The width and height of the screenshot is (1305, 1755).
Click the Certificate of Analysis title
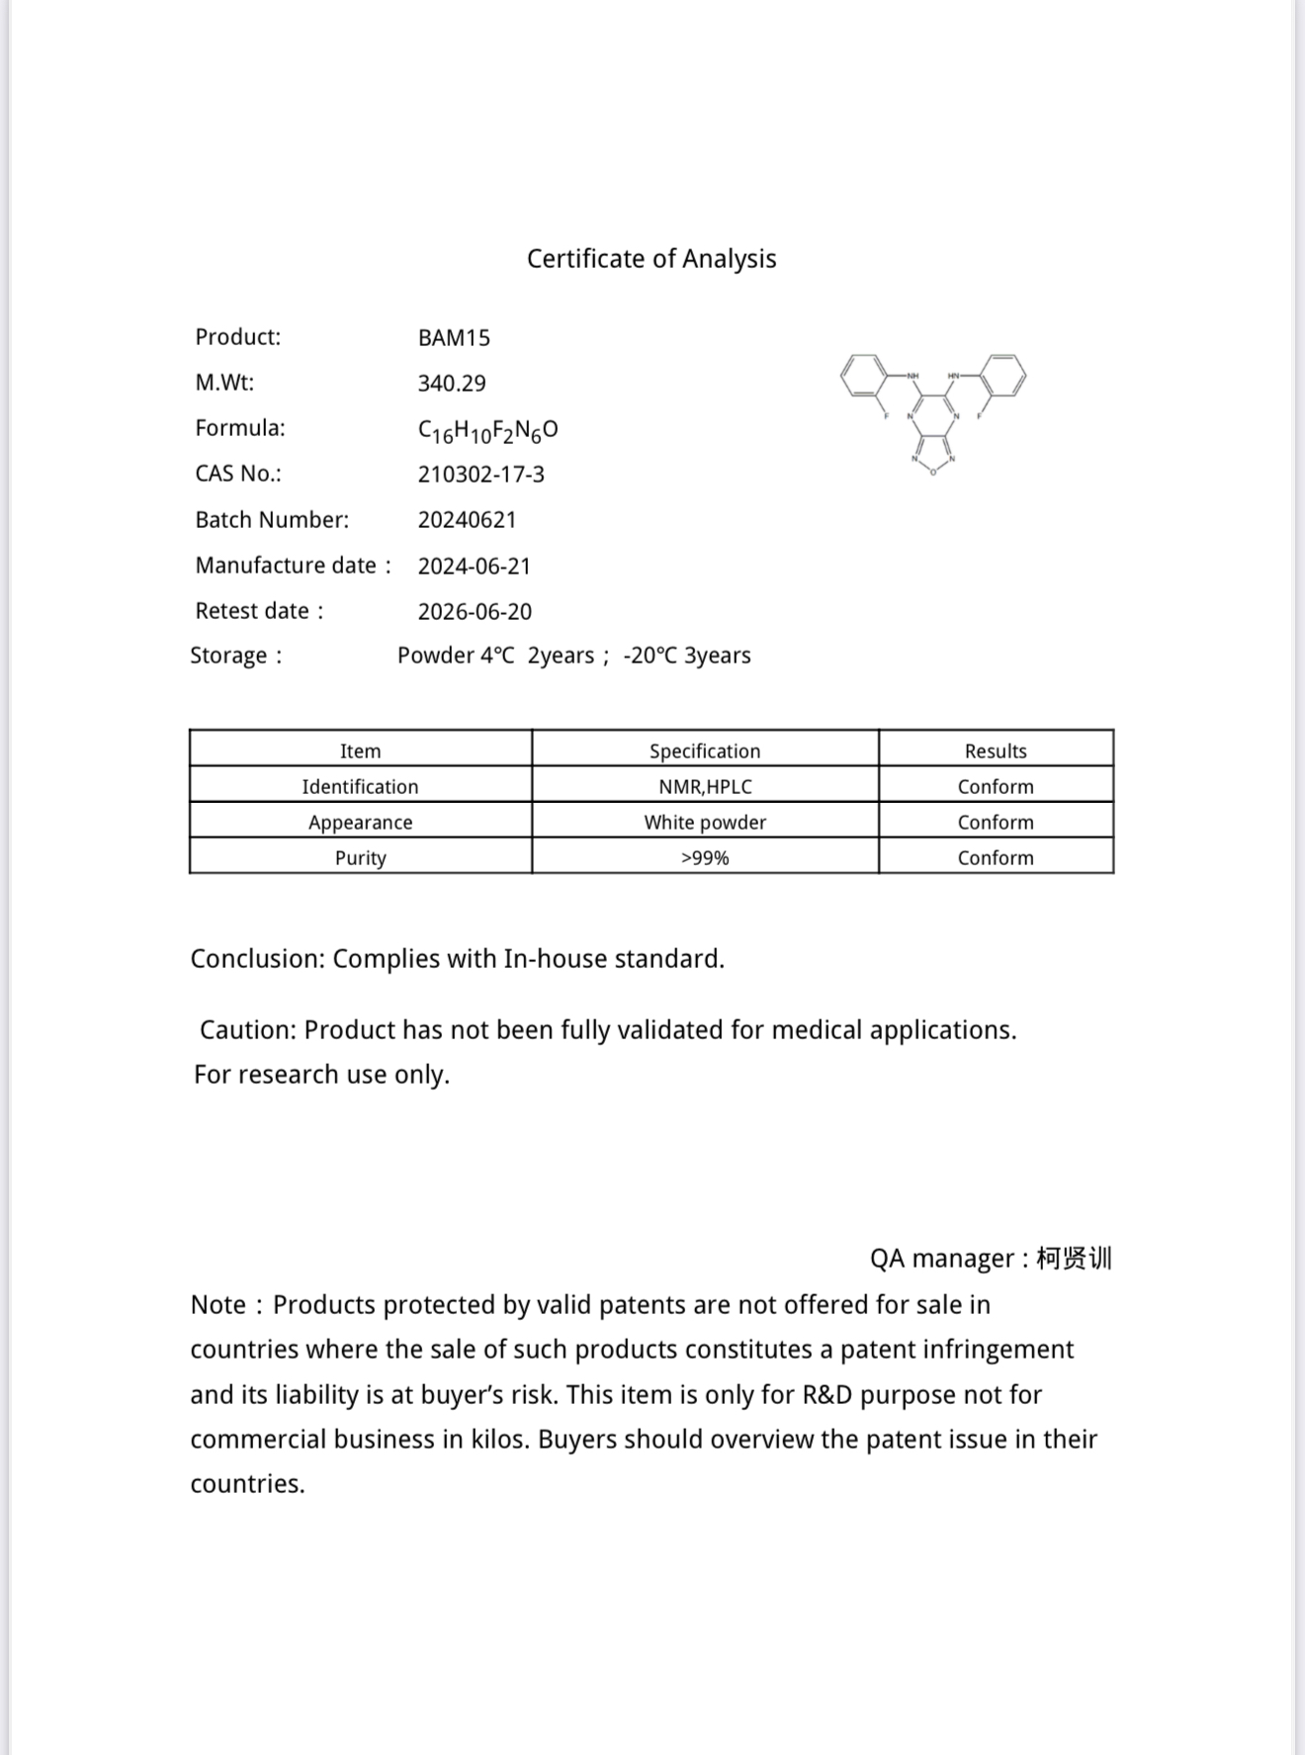click(x=652, y=259)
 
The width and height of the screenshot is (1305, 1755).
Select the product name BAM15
click(x=454, y=338)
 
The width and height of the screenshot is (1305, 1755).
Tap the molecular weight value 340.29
click(x=452, y=384)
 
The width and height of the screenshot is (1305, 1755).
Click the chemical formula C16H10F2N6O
click(x=487, y=430)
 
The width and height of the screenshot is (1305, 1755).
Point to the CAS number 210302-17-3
click(x=480, y=475)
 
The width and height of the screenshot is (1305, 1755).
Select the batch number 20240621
click(x=467, y=520)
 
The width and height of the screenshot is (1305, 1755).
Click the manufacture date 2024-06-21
click(x=475, y=567)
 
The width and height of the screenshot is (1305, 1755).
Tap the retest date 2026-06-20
click(x=475, y=612)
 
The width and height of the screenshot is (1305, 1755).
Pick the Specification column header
click(x=705, y=751)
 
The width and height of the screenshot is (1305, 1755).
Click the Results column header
click(x=996, y=751)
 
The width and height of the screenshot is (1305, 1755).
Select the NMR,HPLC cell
click(x=705, y=787)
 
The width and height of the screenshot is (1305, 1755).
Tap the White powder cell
click(x=705, y=823)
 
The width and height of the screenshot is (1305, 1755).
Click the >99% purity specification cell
click(x=705, y=858)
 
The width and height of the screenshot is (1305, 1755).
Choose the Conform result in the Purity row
click(x=996, y=858)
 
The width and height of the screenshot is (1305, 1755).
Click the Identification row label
click(x=360, y=787)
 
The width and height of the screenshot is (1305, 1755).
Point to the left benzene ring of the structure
click(x=864, y=377)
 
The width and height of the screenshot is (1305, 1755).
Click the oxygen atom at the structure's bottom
click(x=933, y=473)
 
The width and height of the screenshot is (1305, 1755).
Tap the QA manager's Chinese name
click(x=1075, y=1259)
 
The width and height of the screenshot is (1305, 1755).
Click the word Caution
click(x=247, y=1030)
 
